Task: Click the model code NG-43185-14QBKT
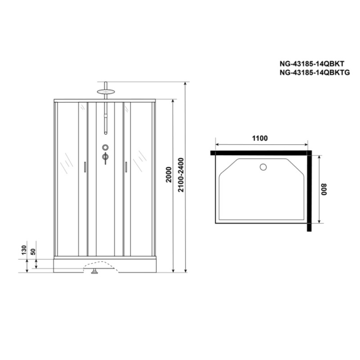312,64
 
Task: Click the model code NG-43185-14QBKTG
315,73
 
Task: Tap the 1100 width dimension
260,138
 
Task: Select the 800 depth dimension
324,189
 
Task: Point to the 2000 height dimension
169,175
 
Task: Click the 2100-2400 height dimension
181,175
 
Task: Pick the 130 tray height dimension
24,250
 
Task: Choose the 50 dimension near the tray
33,252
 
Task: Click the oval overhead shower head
105,91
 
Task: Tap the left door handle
85,167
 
